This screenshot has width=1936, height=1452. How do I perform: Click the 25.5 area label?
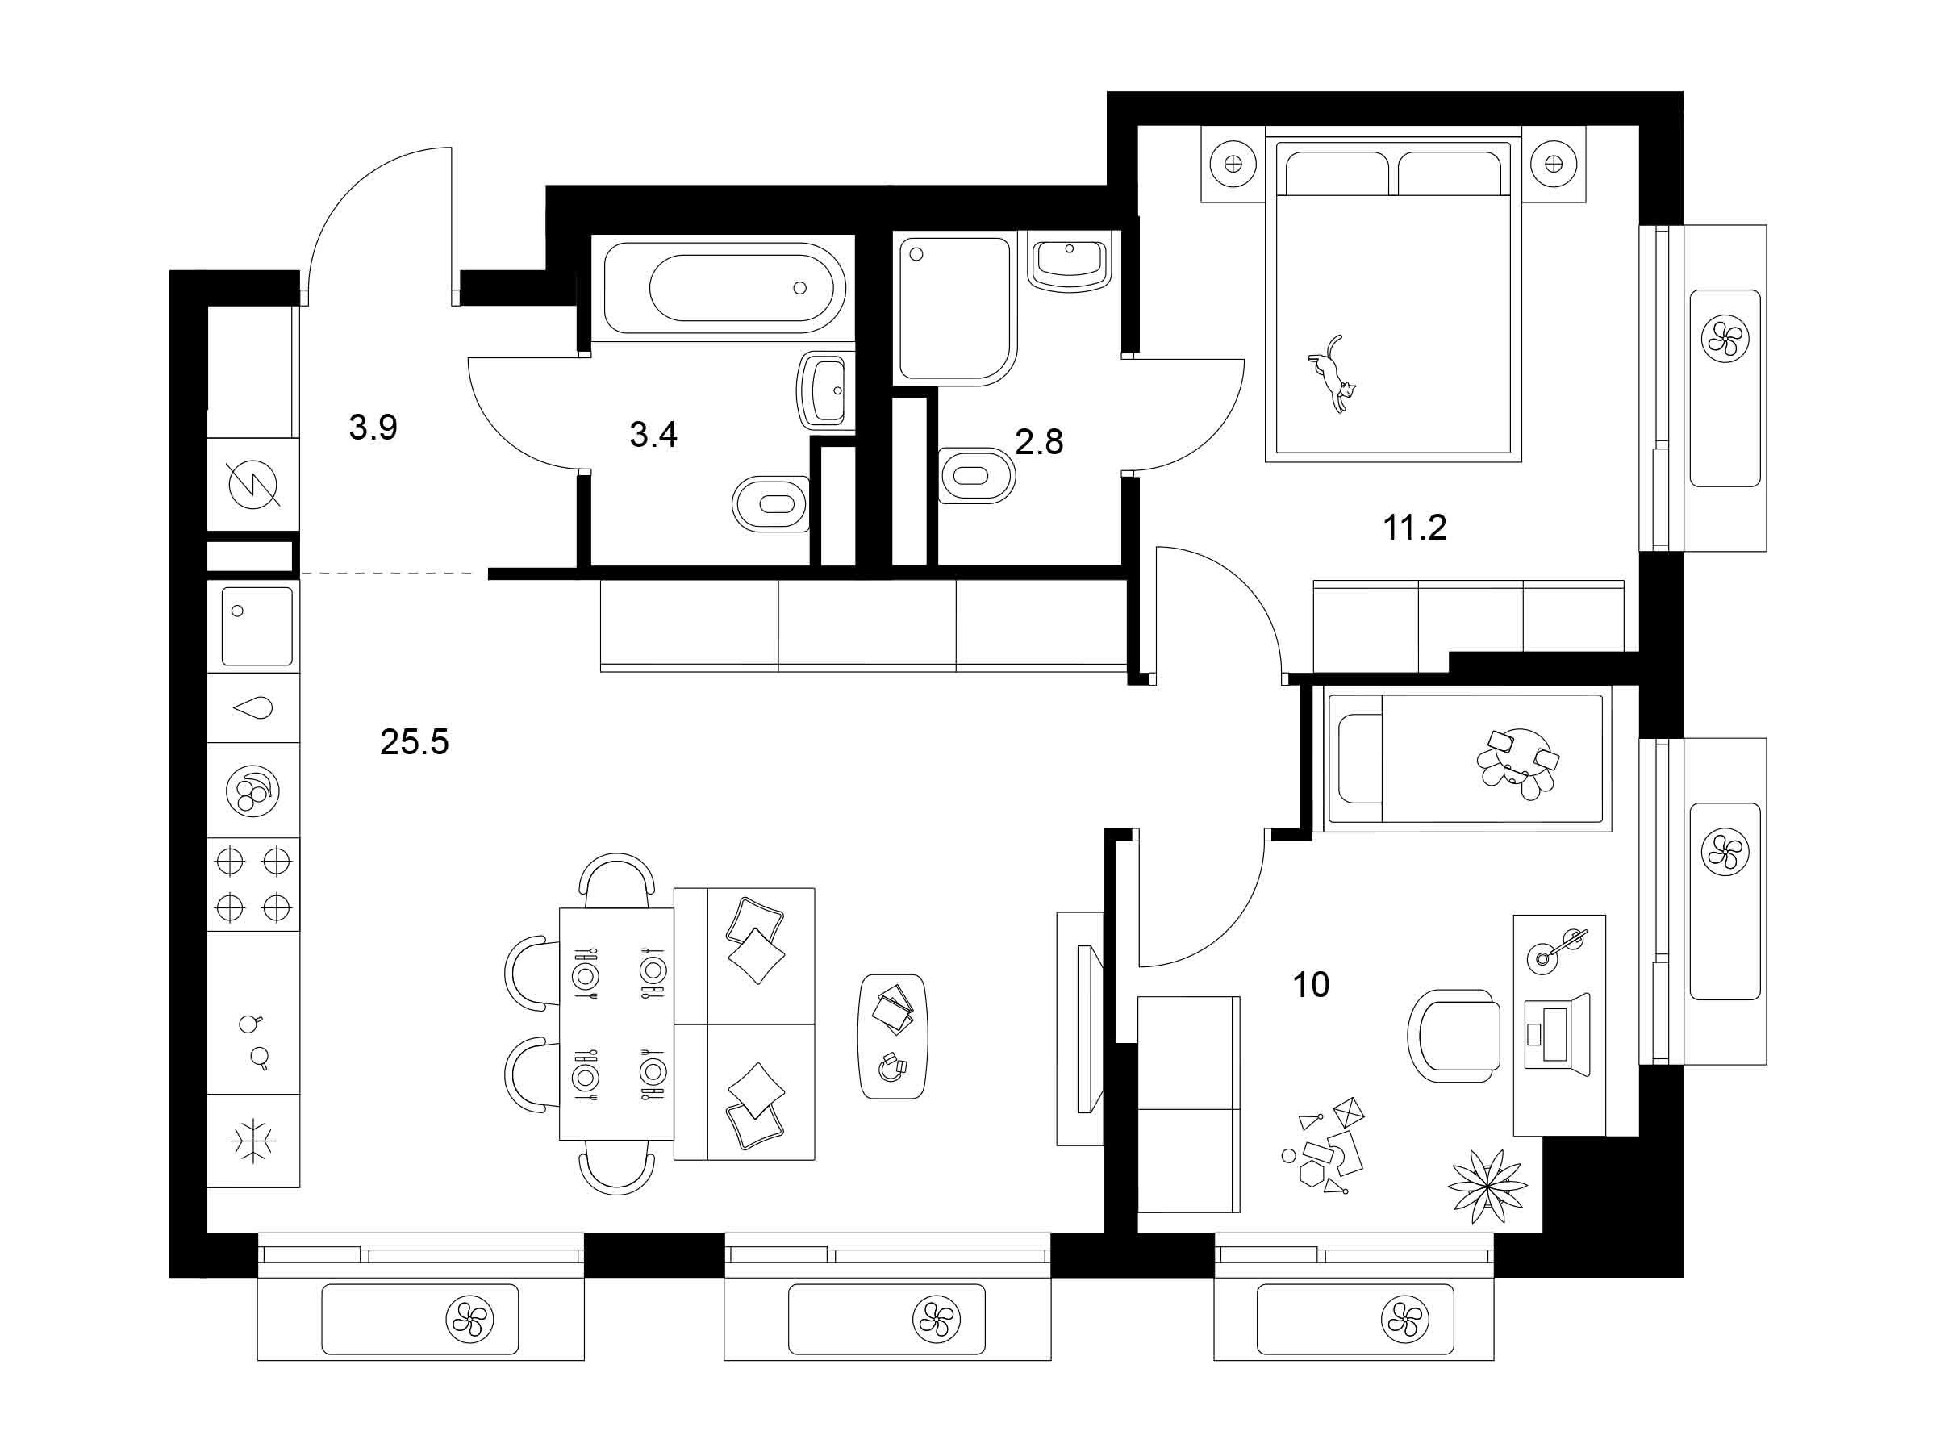click(x=414, y=742)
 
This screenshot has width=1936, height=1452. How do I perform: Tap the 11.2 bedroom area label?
click(x=1414, y=528)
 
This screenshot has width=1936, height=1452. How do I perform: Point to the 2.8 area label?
click(x=1039, y=442)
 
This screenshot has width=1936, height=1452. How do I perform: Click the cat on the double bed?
click(x=1333, y=373)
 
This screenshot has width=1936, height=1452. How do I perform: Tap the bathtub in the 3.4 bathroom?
click(x=724, y=287)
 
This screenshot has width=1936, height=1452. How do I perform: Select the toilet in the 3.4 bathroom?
click(x=770, y=504)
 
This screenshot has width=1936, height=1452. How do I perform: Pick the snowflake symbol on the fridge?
click(x=253, y=1141)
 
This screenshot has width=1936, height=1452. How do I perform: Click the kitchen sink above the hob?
click(x=257, y=626)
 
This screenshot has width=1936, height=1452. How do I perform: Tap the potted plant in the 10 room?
click(x=1487, y=1186)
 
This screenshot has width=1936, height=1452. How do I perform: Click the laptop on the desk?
click(x=1557, y=1034)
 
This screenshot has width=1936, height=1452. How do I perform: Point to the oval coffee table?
click(x=892, y=1037)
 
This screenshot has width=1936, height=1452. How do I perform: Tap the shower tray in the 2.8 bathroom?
click(x=955, y=309)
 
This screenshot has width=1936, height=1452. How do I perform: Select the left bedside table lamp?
click(x=1233, y=164)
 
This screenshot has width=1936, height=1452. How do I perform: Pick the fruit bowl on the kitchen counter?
click(x=253, y=791)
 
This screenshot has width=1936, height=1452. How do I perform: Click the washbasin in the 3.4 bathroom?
click(x=824, y=390)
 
